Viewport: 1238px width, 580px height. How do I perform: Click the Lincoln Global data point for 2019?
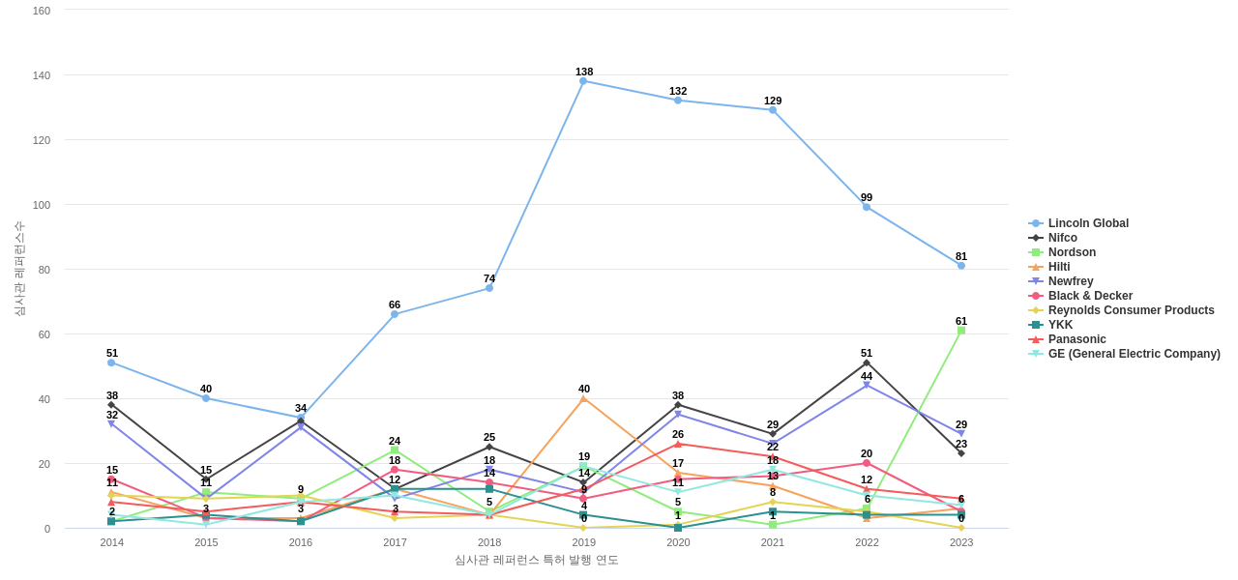click(583, 81)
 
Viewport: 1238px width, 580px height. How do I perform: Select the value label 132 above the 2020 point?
click(678, 91)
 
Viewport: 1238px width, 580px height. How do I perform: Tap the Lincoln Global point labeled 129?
click(773, 110)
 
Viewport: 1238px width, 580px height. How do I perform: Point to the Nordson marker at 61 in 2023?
click(961, 331)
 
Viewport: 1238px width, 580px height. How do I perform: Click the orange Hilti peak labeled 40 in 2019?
click(583, 398)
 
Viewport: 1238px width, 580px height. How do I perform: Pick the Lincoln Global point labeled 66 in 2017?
click(395, 314)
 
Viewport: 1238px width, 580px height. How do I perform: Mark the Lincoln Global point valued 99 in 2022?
click(867, 207)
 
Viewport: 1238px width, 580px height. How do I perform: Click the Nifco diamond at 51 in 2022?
click(867, 363)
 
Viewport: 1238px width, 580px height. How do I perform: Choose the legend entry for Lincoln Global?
click(1088, 223)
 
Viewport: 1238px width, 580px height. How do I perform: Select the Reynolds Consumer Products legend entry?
click(1131, 310)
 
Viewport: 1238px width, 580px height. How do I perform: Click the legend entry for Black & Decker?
click(1090, 296)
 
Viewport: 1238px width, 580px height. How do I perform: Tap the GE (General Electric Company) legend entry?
click(1134, 354)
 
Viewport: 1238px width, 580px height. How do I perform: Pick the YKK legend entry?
click(1060, 325)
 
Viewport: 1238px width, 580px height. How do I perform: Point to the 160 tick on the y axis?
click(42, 11)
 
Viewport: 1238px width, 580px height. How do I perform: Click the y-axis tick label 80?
click(44, 270)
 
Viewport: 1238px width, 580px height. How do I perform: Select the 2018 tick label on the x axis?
click(489, 542)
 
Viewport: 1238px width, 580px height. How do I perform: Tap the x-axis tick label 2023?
click(961, 542)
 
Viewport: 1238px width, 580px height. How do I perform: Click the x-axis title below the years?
click(536, 560)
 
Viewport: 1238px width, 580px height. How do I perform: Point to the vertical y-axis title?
click(19, 269)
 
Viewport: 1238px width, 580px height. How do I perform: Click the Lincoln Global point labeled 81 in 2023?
click(961, 266)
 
